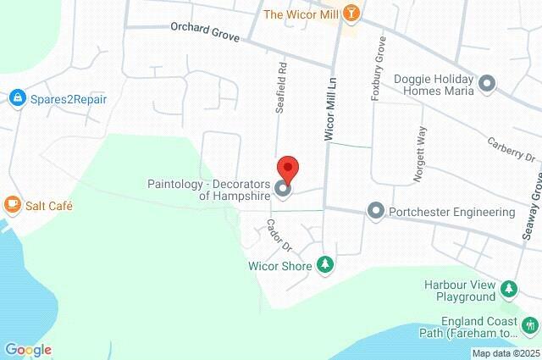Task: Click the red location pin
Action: [288, 169]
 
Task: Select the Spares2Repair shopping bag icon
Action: [16, 99]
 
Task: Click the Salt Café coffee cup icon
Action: [12, 205]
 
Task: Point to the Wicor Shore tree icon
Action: [324, 265]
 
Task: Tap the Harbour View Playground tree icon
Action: [508, 290]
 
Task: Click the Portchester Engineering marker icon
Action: [376, 210]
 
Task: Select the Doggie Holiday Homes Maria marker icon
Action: [487, 83]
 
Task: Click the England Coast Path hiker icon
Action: [531, 324]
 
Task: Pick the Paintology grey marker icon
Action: [283, 190]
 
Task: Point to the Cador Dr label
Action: [278, 235]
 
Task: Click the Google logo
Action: [27, 350]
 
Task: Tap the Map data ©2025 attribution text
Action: [506, 353]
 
